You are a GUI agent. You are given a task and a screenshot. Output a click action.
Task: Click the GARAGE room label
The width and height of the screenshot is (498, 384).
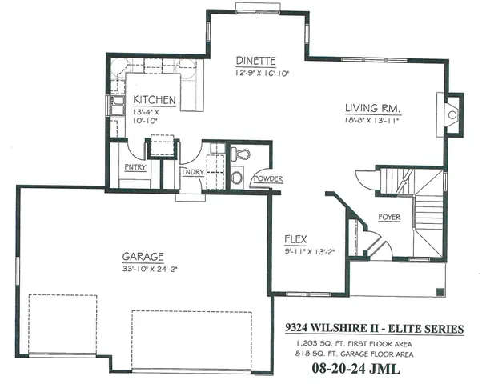143,257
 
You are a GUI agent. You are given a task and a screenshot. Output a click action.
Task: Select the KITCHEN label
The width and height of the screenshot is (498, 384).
155,99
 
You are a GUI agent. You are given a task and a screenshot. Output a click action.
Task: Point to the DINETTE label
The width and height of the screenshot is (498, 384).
256,61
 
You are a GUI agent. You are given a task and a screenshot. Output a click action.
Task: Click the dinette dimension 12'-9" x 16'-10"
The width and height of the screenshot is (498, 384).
262,73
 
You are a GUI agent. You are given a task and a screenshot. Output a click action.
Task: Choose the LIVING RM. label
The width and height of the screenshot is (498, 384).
371,107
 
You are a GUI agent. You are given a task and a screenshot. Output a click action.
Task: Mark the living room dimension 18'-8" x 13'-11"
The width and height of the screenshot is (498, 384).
372,120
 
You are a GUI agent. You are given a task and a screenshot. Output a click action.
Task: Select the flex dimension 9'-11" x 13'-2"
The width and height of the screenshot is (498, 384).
308,250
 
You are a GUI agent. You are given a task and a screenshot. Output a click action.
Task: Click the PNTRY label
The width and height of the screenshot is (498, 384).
135,167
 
